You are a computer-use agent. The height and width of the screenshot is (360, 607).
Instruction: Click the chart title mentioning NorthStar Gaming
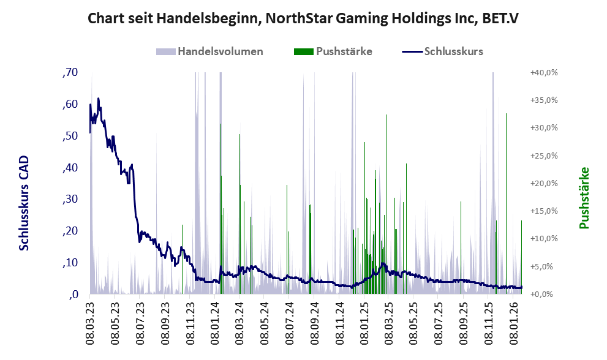tap(303, 18)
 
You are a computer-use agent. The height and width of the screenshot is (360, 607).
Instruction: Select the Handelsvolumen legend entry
tap(221, 51)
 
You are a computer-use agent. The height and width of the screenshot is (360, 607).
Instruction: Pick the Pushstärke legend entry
tap(344, 51)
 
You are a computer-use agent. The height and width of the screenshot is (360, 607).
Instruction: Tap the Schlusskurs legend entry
tap(453, 51)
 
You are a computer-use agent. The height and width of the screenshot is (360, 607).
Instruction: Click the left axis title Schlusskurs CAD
tap(24, 203)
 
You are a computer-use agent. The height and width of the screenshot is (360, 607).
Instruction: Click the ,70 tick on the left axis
tap(70, 73)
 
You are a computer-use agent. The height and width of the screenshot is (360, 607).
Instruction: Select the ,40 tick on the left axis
tap(70, 168)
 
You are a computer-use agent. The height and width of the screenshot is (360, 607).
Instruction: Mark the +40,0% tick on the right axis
tap(543, 73)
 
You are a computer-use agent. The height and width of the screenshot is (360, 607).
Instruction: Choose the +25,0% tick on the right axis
tap(543, 156)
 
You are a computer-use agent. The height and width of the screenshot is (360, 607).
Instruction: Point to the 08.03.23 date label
tap(89, 321)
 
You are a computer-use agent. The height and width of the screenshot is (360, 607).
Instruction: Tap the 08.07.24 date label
tap(289, 321)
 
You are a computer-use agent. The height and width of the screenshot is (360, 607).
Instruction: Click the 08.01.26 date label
tap(515, 321)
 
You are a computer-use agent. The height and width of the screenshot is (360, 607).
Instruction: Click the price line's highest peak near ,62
tap(98, 99)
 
